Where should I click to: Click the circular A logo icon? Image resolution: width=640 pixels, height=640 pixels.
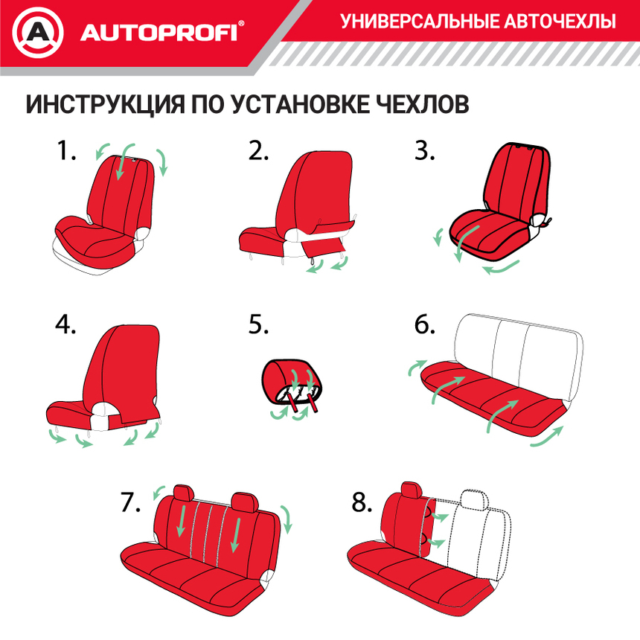click(x=36, y=32)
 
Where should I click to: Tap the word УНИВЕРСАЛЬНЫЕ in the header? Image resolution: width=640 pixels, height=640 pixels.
click(x=417, y=22)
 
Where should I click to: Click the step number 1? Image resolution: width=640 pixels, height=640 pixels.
click(x=66, y=151)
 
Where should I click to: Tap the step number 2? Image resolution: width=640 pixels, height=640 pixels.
click(x=258, y=151)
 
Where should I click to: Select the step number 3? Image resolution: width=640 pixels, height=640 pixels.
click(x=425, y=151)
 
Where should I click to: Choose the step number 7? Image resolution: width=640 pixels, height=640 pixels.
click(x=130, y=502)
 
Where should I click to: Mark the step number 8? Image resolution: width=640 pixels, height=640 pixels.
click(x=362, y=502)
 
